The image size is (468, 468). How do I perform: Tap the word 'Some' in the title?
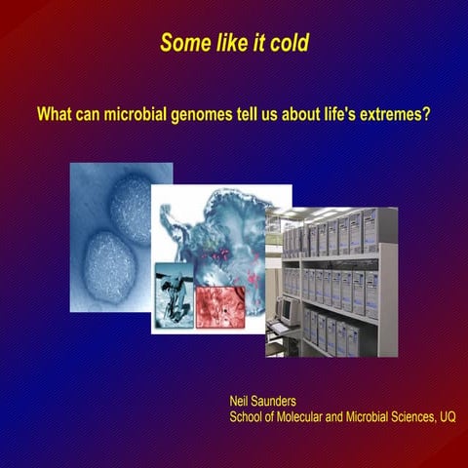tap(181, 43)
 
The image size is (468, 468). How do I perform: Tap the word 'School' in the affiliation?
tap(248, 417)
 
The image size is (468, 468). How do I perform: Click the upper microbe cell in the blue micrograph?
tap(131, 208)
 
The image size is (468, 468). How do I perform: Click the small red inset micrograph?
tap(223, 305)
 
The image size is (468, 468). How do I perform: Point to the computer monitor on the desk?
tap(287, 309)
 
